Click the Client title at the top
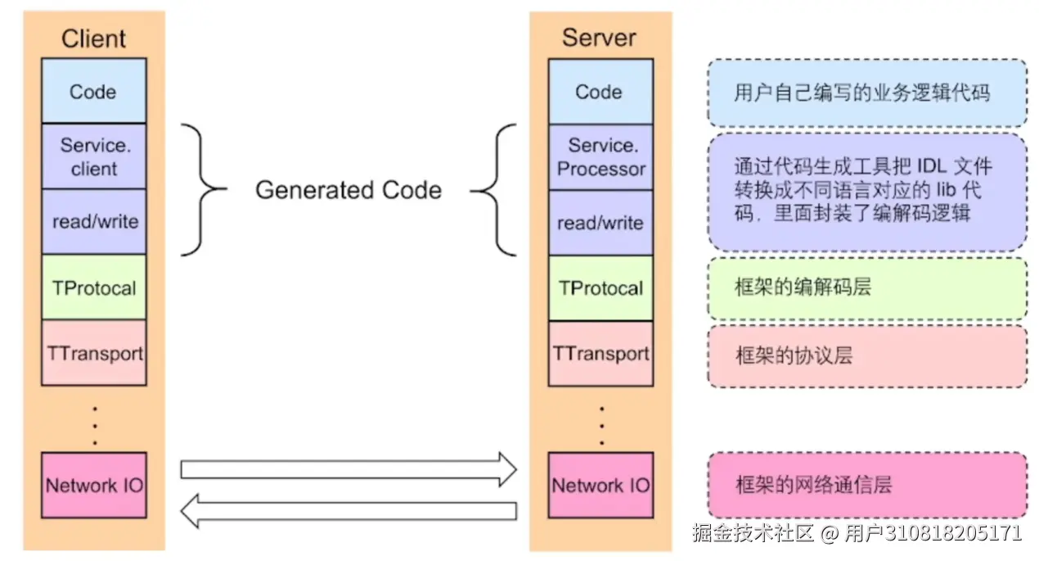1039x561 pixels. (x=94, y=38)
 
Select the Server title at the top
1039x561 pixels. (x=599, y=38)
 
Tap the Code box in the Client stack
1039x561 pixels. (x=93, y=91)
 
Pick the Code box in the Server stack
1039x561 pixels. (x=600, y=92)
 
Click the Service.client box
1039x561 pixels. (x=93, y=156)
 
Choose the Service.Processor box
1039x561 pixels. (x=600, y=157)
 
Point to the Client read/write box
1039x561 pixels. (x=93, y=221)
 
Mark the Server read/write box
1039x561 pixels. (x=600, y=223)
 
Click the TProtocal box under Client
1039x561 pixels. (x=93, y=287)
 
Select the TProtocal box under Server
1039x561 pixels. (x=600, y=288)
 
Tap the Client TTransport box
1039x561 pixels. (x=93, y=353)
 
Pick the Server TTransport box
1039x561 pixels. (x=600, y=354)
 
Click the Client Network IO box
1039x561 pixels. (x=93, y=485)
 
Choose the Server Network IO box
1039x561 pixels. (x=600, y=486)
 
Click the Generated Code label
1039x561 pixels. (x=349, y=190)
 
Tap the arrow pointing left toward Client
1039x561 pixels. (x=349, y=512)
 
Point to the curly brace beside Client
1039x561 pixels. (x=201, y=189)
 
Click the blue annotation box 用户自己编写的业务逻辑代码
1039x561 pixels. (x=866, y=93)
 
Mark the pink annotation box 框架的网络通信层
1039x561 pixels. (x=866, y=485)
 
